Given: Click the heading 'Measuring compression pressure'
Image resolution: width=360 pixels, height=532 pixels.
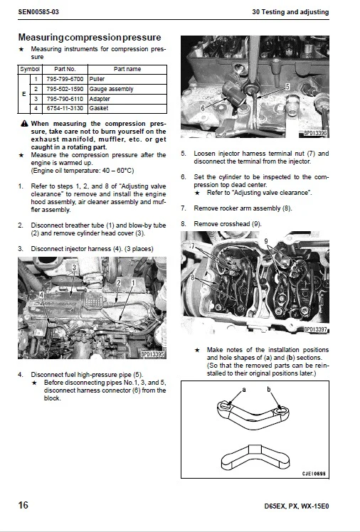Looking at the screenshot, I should tap(89, 37).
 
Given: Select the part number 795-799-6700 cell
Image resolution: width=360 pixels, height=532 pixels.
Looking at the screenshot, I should tap(65, 79).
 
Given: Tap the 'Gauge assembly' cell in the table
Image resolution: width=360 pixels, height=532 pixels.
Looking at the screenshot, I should tap(111, 89).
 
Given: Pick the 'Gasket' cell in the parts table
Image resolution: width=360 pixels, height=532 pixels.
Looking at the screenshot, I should tap(100, 109).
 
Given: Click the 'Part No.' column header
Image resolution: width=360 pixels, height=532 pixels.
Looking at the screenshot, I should tap(65, 69).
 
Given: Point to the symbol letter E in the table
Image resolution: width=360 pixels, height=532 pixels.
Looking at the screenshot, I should tap(25, 94).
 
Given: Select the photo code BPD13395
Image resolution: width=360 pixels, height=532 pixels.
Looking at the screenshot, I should tap(152, 353).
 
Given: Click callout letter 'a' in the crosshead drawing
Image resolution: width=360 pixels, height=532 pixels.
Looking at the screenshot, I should tap(244, 390).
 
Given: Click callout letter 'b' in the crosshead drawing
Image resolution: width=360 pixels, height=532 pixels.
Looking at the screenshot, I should tap(268, 390).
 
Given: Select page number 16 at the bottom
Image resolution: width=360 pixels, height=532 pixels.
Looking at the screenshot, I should tap(23, 506).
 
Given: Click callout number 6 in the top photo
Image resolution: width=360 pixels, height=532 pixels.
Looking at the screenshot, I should tap(203, 107).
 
